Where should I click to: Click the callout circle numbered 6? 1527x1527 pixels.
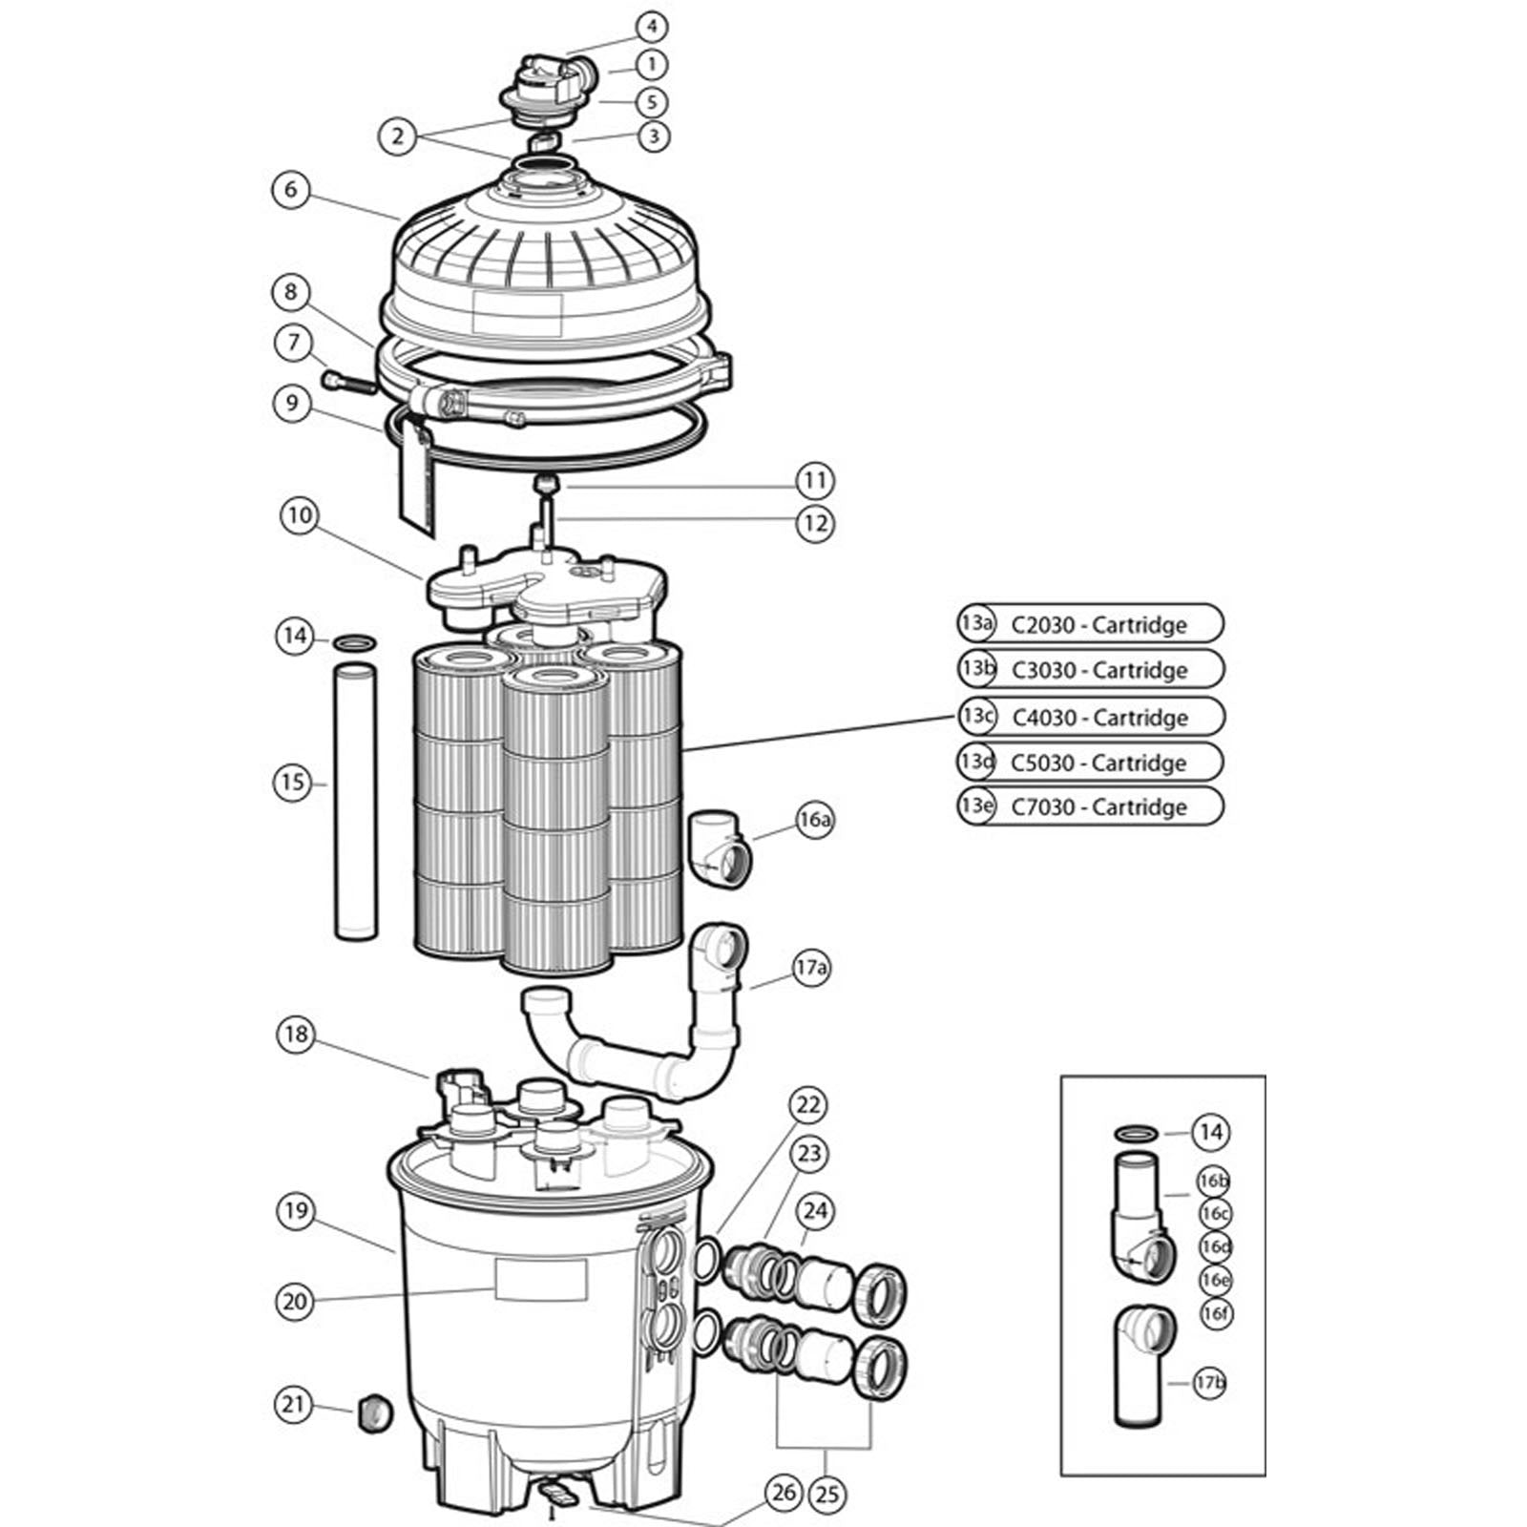[291, 189]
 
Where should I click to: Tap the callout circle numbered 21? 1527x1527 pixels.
[293, 1404]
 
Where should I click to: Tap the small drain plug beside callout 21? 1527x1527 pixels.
[371, 1412]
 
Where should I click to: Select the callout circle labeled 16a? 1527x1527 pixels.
[814, 819]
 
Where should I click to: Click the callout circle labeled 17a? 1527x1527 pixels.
[810, 969]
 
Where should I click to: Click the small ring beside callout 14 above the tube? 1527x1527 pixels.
[354, 640]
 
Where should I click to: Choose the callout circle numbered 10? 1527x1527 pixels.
[299, 516]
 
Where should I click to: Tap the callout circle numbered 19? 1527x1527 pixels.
[295, 1211]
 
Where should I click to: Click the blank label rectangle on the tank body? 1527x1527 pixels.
[540, 1279]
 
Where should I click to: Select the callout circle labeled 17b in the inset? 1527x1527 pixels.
[1210, 1382]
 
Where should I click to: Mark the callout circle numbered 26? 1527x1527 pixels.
[784, 1492]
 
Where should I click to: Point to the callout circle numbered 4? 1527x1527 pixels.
[652, 26]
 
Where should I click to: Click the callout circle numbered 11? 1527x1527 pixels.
[814, 480]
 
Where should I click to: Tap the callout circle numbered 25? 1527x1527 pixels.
[827, 1492]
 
